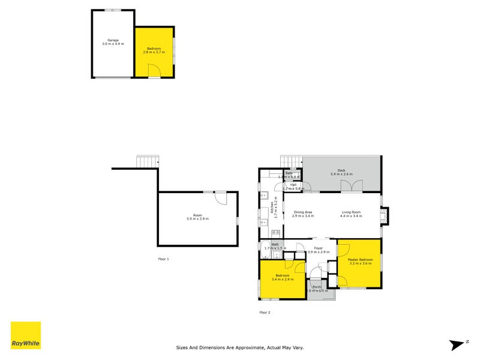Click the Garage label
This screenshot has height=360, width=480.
(x=112, y=40)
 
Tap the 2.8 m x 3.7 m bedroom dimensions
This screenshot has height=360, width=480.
(x=154, y=53)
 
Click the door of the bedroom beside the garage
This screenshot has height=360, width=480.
(x=154, y=73)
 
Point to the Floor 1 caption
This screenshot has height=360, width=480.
(x=163, y=259)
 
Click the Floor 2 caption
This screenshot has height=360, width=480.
(x=265, y=312)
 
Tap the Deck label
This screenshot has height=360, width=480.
(x=341, y=170)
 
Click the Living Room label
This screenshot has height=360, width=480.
(x=351, y=212)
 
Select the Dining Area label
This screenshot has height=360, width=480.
(x=302, y=212)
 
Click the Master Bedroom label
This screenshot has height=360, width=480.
(x=360, y=260)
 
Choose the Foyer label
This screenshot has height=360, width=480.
(x=318, y=248)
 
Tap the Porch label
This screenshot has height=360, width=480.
(x=316, y=287)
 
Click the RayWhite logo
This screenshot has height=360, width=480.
(x=26, y=335)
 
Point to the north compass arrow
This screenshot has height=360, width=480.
(x=457, y=344)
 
